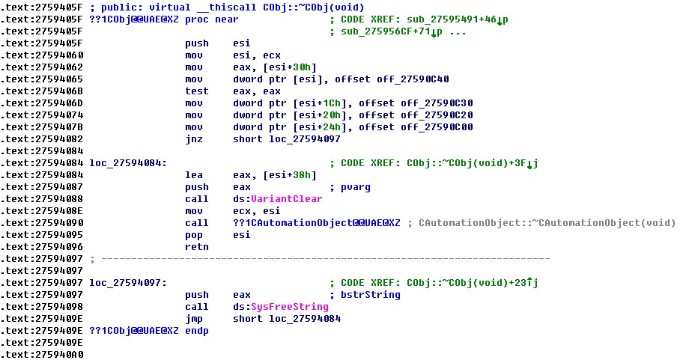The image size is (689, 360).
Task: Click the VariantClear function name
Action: [286, 199]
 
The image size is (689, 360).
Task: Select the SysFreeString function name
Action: [289, 306]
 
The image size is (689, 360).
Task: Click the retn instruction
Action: [197, 247]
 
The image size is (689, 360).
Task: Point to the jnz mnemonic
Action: [194, 139]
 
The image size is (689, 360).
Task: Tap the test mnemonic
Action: [197, 91]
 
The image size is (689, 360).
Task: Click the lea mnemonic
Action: [194, 174]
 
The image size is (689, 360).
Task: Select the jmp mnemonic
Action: [194, 319]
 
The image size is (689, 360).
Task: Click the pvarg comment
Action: [356, 187]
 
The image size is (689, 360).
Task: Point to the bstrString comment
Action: [371, 295]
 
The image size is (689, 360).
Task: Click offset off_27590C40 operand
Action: [392, 79]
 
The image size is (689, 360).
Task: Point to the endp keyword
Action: [197, 331]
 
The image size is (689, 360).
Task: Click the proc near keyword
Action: [212, 19]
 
